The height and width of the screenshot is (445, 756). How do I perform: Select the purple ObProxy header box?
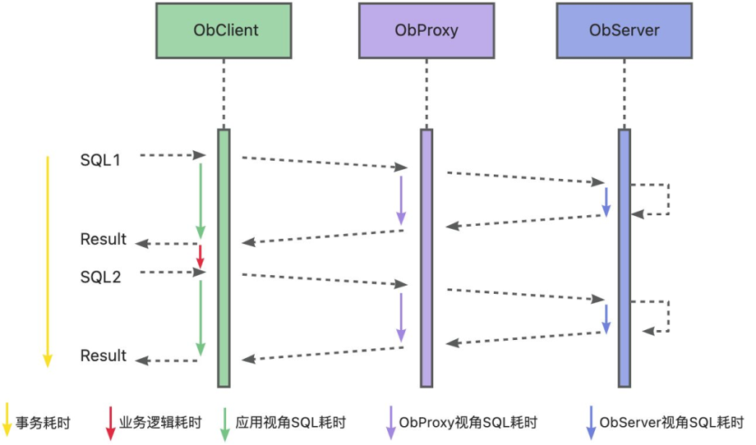pos(426,30)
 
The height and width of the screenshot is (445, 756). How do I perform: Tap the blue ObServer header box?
pos(624,30)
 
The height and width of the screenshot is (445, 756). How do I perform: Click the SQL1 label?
pos(100,160)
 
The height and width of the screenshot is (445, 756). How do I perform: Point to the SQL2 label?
pos(100,278)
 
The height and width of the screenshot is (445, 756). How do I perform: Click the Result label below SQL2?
pos(104,356)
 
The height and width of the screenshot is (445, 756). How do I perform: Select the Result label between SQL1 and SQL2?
pos(104,239)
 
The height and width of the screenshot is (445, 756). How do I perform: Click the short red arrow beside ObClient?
pos(200,255)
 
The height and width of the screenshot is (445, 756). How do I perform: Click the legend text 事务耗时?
pos(43,423)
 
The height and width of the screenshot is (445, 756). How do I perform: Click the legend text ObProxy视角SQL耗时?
pos(468,423)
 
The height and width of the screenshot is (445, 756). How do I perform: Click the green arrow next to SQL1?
pos(200,200)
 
